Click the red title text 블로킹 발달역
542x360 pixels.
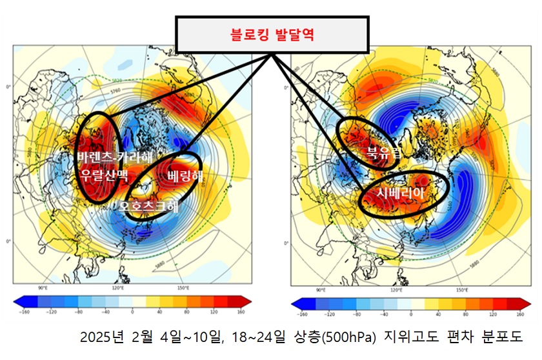[272, 35]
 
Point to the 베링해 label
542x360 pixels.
[185, 176]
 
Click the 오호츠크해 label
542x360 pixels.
[145, 207]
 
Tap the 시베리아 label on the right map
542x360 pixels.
[403, 193]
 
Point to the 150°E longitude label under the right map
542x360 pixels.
[463, 290]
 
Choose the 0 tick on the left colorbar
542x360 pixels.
[132, 312]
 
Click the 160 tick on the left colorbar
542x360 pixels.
[241, 312]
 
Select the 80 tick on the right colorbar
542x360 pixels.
[465, 314]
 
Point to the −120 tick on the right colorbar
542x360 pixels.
[330, 314]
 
